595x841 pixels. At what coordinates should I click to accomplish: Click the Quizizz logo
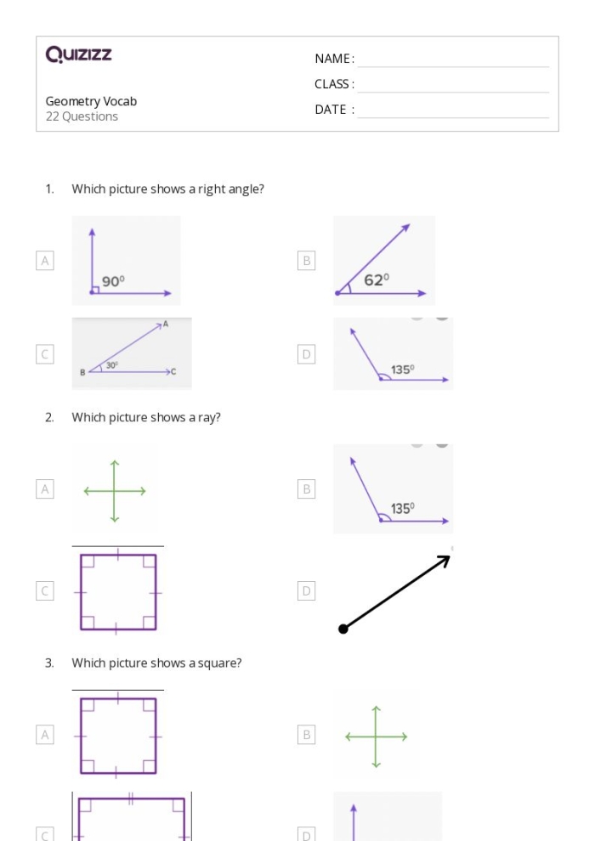click(x=78, y=55)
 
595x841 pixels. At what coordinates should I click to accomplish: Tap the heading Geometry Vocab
click(x=91, y=101)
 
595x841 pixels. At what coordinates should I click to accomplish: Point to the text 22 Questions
click(x=82, y=116)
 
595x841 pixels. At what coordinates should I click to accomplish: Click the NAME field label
click(x=334, y=59)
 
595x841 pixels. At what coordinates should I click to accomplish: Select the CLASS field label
click(x=334, y=84)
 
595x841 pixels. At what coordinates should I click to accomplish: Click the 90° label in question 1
click(x=113, y=281)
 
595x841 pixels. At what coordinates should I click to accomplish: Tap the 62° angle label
click(x=377, y=279)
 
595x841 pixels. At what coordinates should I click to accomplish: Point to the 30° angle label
click(x=111, y=365)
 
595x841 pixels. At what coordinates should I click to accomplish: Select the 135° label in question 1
click(x=403, y=370)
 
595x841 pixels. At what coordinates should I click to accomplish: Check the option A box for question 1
click(x=45, y=261)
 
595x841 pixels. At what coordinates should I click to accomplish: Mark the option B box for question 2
click(x=307, y=488)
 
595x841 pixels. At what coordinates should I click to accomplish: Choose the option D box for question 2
click(x=307, y=590)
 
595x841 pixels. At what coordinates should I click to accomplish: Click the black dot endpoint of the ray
click(x=343, y=629)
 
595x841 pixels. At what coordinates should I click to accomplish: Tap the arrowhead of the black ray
click(x=445, y=560)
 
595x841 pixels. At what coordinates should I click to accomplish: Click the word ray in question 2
click(x=209, y=417)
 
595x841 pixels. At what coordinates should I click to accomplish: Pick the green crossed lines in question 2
click(x=115, y=491)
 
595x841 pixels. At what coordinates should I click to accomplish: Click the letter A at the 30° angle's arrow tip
click(x=165, y=324)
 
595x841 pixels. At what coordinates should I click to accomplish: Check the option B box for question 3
click(x=307, y=735)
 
